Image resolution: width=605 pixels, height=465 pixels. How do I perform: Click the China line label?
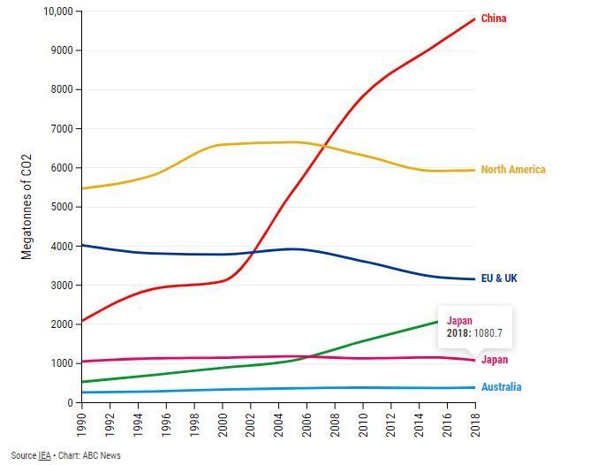[x=494, y=19]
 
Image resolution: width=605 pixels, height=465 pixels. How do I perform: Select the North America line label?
[x=512, y=170]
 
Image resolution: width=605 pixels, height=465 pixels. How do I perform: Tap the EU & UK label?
[x=499, y=278]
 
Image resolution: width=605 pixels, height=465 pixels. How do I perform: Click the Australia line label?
[x=501, y=387]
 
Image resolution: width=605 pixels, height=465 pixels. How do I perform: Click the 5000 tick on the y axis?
[x=61, y=207]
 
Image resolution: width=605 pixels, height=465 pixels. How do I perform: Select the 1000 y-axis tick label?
[x=61, y=363]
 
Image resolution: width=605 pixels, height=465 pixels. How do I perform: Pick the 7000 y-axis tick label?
[x=61, y=129]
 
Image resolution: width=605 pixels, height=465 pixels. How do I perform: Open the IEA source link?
[x=44, y=456]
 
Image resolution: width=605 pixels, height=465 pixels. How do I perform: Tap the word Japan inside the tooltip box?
[x=460, y=321]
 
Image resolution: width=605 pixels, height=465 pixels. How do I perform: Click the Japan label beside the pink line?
[x=495, y=360]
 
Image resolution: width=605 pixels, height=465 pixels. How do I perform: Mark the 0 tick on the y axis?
[x=70, y=402]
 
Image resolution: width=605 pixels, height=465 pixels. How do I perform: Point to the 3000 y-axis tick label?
[x=61, y=286]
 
